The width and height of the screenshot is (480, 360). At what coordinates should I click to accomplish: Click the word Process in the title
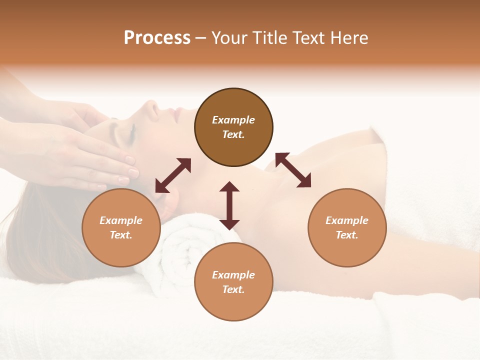(x=157, y=38)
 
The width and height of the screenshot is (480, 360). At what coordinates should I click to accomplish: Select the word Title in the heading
(x=269, y=38)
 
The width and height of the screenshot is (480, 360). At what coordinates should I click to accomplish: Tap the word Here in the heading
(x=349, y=38)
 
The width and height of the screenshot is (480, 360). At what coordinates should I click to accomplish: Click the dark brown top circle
(x=233, y=127)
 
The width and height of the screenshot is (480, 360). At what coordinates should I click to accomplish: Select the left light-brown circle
(x=121, y=227)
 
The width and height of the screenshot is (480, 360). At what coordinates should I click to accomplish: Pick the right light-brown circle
(x=347, y=227)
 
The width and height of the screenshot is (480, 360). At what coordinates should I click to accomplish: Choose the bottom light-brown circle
(x=233, y=282)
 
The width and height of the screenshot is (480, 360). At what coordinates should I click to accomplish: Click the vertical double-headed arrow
(x=229, y=205)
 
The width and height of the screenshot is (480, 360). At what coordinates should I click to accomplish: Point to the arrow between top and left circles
(x=173, y=175)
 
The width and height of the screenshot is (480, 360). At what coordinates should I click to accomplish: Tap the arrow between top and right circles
(x=293, y=170)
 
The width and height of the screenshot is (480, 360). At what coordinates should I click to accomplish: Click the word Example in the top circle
(x=233, y=120)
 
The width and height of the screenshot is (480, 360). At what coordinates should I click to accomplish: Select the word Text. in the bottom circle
(x=233, y=289)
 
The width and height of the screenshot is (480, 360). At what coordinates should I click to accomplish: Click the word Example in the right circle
(x=347, y=220)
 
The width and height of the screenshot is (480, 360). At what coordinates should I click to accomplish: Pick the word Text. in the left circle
(x=121, y=235)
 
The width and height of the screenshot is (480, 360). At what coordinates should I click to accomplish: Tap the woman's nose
(x=149, y=106)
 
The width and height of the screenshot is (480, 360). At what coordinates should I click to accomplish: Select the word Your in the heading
(x=229, y=38)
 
